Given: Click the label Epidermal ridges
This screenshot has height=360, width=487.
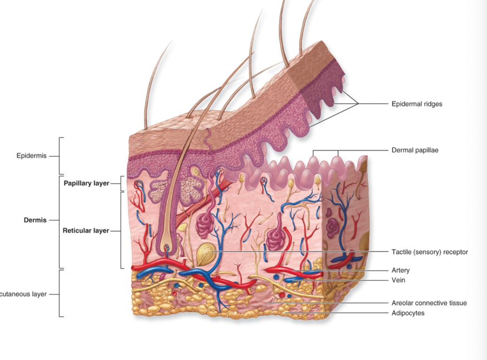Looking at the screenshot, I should click(417, 104).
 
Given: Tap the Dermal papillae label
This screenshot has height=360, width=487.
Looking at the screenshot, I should click(415, 150).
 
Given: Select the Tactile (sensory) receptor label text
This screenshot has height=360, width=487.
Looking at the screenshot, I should click(430, 252).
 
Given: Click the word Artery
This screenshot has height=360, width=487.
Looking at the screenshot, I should click(401, 271).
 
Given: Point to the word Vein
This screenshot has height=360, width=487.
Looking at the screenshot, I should click(398, 280).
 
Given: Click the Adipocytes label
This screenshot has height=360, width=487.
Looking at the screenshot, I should click(408, 313).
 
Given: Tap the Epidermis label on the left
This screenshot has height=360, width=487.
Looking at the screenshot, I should click(31, 156).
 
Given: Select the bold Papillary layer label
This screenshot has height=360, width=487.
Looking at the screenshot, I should click(86, 184).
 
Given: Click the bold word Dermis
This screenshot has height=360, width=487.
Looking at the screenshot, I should click(35, 220).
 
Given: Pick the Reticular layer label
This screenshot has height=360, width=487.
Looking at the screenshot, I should click(86, 231).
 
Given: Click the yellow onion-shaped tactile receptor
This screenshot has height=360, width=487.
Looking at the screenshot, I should click(205, 252).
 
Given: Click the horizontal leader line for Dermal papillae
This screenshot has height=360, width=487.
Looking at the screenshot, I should click(364, 150).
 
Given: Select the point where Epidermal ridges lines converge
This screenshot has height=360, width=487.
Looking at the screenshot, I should click(358, 104).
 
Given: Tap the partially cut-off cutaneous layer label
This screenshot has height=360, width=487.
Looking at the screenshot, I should click(24, 294).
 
